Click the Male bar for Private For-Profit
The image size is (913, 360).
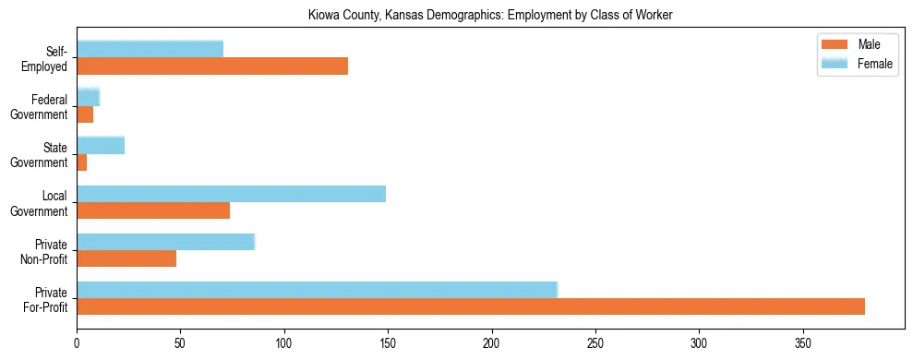pos(471,306)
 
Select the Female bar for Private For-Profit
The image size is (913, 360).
pos(317,290)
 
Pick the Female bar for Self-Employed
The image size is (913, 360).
pos(150,50)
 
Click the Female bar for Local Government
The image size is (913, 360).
pos(231,194)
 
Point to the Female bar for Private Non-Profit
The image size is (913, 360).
pos(165,242)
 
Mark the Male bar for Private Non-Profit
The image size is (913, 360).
pos(126,258)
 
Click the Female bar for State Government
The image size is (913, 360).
pos(101,146)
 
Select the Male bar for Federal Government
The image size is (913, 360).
pos(85,114)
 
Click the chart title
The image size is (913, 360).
pos(490,15)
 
